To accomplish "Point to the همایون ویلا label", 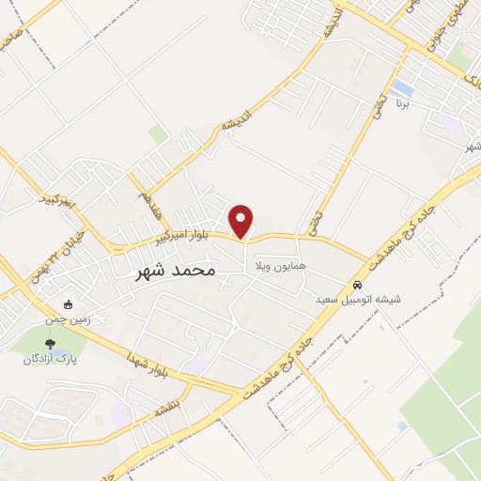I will click(x=272, y=268).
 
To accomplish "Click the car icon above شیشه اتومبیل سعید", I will click(x=357, y=285).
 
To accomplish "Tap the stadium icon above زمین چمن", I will click(x=68, y=304).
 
